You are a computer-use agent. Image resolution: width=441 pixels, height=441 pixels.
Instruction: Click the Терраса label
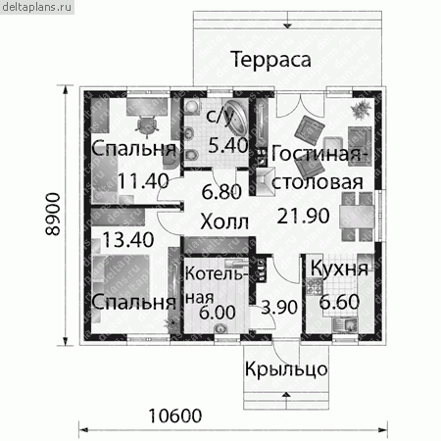[x=270, y=60]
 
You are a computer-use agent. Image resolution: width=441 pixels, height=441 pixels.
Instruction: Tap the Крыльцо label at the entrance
[x=286, y=369]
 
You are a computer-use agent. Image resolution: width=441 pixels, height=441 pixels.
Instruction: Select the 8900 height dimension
[x=53, y=214]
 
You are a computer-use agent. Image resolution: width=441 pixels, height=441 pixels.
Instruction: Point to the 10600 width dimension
[x=175, y=416]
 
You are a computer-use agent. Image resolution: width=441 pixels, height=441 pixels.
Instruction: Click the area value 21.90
[x=304, y=216]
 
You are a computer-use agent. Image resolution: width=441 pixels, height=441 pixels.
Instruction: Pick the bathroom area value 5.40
[x=228, y=145]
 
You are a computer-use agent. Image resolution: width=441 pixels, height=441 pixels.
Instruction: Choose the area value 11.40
[x=143, y=180]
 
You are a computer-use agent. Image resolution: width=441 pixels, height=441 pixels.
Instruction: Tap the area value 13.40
[x=128, y=239]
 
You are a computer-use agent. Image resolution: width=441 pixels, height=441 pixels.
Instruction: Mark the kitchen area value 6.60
[x=339, y=302]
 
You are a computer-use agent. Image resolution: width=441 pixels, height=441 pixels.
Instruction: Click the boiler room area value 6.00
[x=218, y=312]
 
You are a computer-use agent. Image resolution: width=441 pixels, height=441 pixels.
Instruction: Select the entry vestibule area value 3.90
[x=279, y=307]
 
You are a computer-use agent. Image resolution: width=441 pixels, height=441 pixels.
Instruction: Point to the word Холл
[x=224, y=222]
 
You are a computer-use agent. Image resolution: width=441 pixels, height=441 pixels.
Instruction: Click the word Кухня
[x=339, y=269]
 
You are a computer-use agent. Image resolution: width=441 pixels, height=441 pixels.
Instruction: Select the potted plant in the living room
[x=362, y=110]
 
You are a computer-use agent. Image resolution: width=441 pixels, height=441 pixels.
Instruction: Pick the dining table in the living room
[x=357, y=217]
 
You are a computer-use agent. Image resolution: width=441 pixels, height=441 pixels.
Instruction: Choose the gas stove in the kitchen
[x=315, y=286]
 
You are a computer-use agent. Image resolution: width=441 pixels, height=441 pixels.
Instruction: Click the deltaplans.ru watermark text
[x=36, y=7]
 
